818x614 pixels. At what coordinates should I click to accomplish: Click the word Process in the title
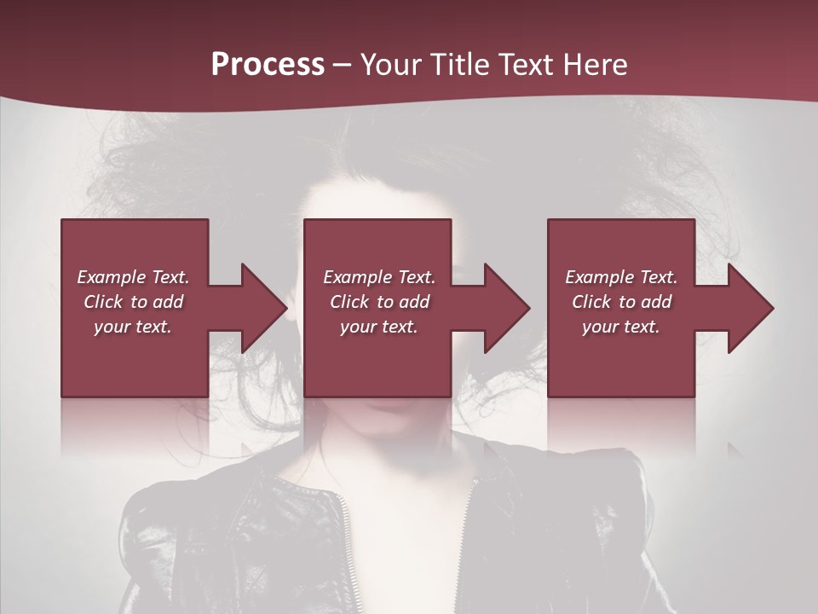268,65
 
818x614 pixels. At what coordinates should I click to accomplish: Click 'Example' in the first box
111,277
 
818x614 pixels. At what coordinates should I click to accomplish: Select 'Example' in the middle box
357,277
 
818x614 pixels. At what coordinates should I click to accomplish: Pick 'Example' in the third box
599,277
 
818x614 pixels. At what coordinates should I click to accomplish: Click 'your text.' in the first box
133,327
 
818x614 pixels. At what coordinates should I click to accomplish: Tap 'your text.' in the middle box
379,327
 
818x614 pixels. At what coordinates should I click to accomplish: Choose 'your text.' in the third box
621,327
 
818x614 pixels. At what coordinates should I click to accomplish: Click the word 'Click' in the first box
103,302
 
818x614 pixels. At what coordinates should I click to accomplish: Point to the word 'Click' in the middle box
349,302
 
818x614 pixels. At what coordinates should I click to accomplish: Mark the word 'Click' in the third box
591,302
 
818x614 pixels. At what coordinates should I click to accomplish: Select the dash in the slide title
342,65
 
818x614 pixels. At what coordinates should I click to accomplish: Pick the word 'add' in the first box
168,302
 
